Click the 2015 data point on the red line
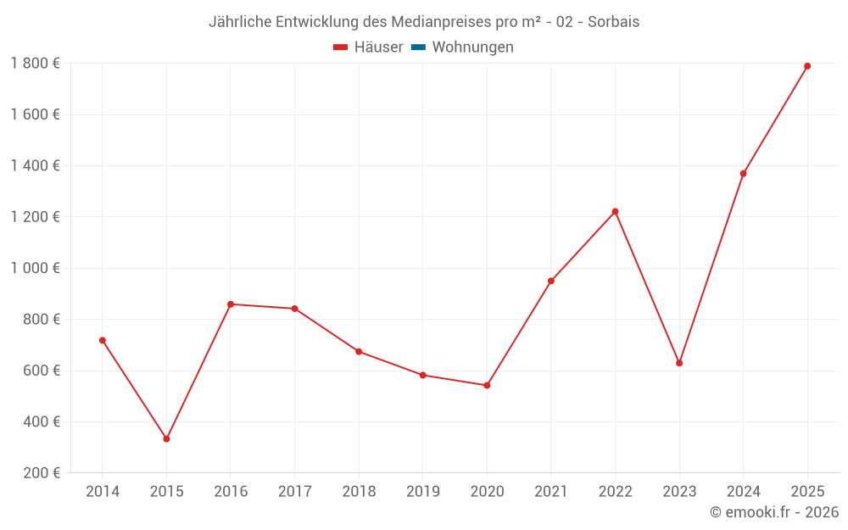[x=166, y=439]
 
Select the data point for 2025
[x=807, y=66]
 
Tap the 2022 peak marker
[x=615, y=212]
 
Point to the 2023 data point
[x=679, y=363]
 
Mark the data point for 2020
[x=487, y=385]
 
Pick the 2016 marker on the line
[x=231, y=304]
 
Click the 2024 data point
[x=743, y=174]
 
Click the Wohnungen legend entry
[x=472, y=47]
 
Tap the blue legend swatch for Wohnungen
[x=418, y=47]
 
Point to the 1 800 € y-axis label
[x=36, y=64]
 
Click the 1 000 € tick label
[x=36, y=268]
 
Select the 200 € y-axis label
[x=41, y=473]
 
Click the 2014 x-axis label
[x=103, y=492]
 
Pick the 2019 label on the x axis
[x=423, y=492]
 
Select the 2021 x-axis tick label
[x=551, y=492]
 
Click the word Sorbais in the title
[x=613, y=22]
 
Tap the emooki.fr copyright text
[x=774, y=512]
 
